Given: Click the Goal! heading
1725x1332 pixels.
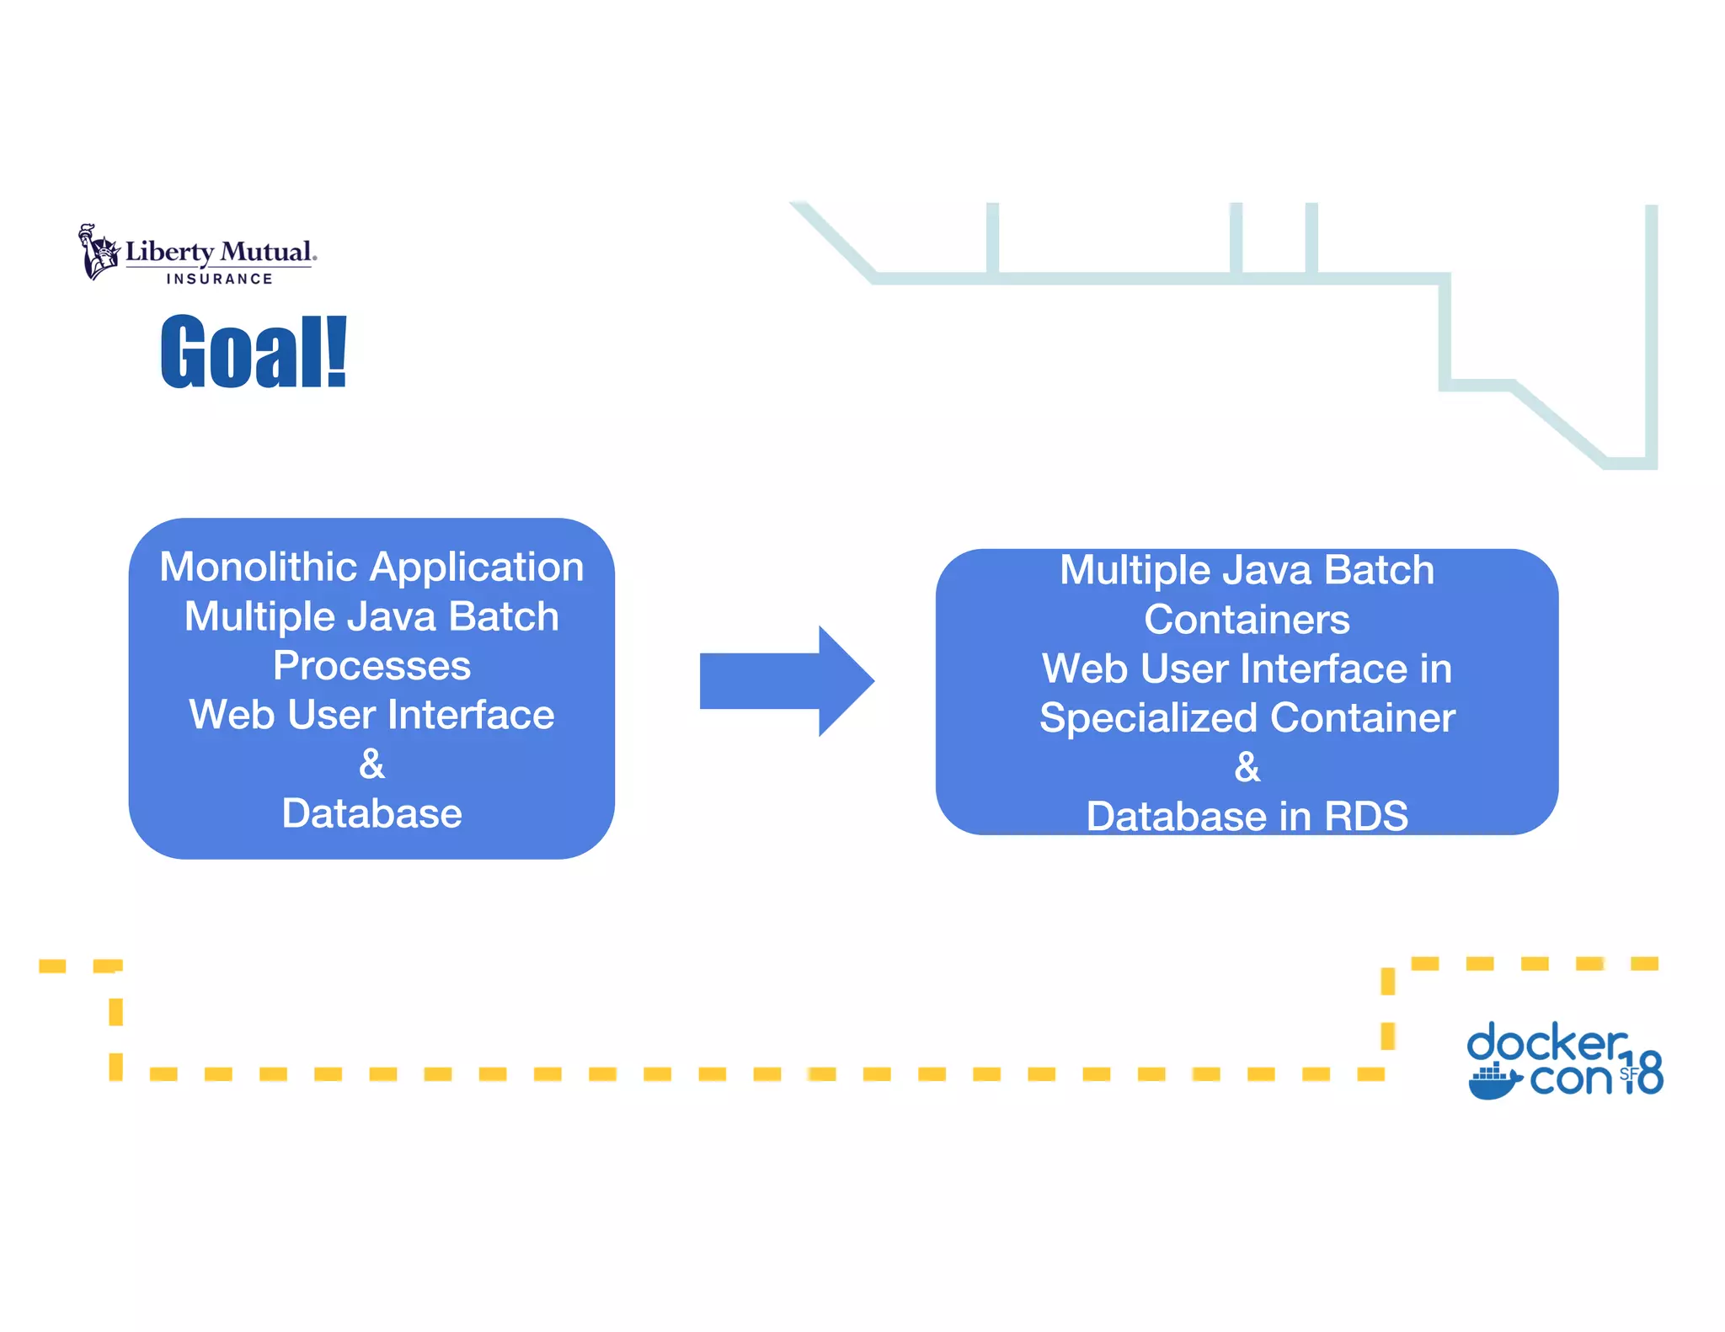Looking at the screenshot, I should tap(254, 352).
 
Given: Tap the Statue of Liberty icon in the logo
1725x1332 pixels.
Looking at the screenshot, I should tap(99, 252).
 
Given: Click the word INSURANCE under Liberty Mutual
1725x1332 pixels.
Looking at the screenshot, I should tap(219, 279).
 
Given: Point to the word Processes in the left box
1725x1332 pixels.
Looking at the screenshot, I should tap(371, 666).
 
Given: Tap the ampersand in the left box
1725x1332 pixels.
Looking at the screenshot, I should tap(371, 764).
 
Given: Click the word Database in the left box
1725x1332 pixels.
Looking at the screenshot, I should tap(371, 813).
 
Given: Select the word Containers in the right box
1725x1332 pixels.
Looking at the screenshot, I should tap(1247, 620).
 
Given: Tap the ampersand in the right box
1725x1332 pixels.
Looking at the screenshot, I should tap(1247, 767).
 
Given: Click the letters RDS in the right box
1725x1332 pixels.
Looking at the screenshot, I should tap(1365, 816).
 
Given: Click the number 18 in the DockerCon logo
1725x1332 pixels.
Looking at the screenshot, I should tap(1644, 1073).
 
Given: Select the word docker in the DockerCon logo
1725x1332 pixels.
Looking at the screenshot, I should tap(1546, 1042).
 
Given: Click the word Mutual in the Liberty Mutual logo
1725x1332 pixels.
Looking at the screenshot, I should tap(265, 252).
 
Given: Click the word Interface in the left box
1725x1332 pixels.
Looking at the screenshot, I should tap(471, 715).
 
